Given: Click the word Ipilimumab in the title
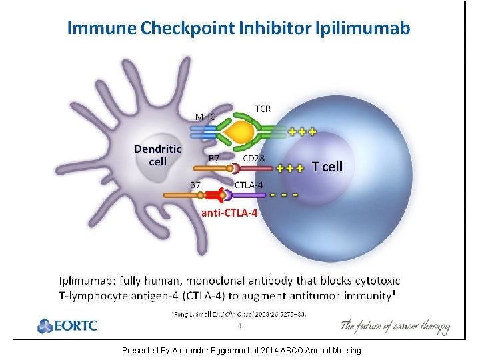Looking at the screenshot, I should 363,28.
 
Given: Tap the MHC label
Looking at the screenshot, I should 205,116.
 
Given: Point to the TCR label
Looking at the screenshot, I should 263,108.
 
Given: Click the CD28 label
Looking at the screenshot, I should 254,159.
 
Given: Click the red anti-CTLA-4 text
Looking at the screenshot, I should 229,213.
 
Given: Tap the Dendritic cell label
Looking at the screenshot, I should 158,155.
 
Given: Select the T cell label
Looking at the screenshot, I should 327,167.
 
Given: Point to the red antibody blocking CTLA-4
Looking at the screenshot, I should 213,195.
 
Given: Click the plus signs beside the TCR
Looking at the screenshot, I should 302,131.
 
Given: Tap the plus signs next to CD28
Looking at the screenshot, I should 290,168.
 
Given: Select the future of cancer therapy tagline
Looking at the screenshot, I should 395,327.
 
